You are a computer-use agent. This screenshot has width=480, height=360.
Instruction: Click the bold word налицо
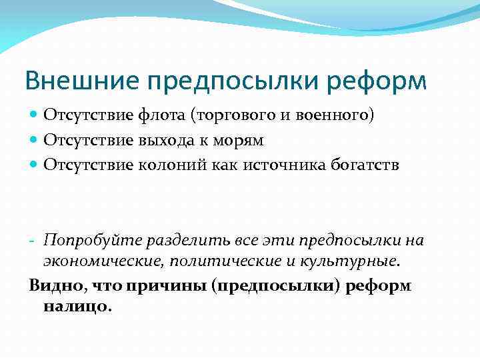pos(75,307)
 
